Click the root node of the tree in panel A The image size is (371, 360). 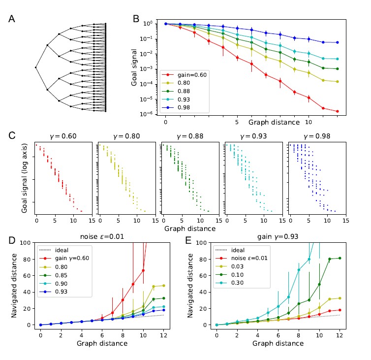point(36,67)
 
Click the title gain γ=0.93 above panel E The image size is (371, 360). point(278,237)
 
